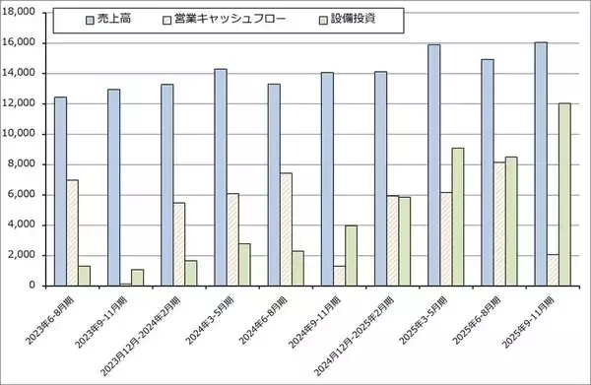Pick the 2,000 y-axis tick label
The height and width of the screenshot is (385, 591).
[x=22, y=255]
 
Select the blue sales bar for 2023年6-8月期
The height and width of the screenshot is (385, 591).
[x=61, y=191]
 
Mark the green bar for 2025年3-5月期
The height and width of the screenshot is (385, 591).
[x=458, y=217]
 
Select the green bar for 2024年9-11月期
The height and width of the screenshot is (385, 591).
[x=352, y=255]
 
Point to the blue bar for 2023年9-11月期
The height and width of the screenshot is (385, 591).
[x=113, y=187]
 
